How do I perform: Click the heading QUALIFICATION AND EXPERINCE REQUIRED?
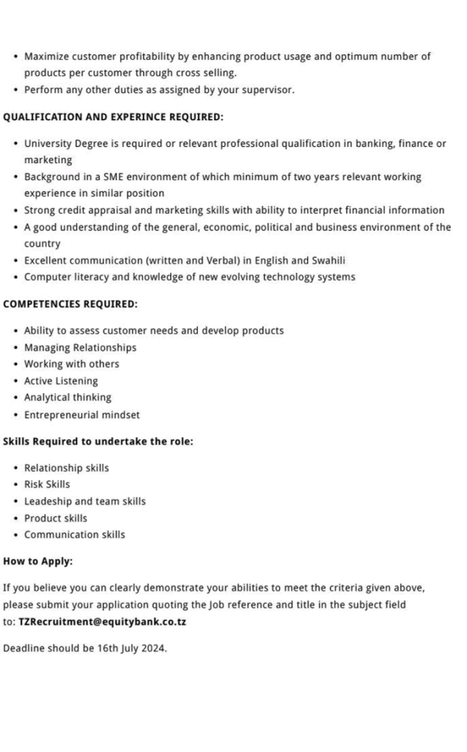click(113, 117)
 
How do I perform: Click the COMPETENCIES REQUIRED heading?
click(70, 304)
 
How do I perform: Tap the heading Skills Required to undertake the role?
click(98, 442)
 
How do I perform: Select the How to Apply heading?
click(38, 561)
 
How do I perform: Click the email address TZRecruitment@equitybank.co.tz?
click(102, 621)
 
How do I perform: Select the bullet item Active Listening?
click(60, 381)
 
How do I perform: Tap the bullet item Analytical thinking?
click(68, 398)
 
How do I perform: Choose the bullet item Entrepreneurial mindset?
click(82, 415)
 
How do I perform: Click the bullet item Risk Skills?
click(47, 484)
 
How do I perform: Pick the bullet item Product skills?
click(55, 518)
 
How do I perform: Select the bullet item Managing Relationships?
click(80, 347)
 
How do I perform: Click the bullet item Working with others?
click(71, 364)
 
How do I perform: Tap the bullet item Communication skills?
click(74, 535)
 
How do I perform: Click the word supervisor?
click(268, 90)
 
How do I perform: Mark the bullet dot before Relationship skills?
click(15, 468)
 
